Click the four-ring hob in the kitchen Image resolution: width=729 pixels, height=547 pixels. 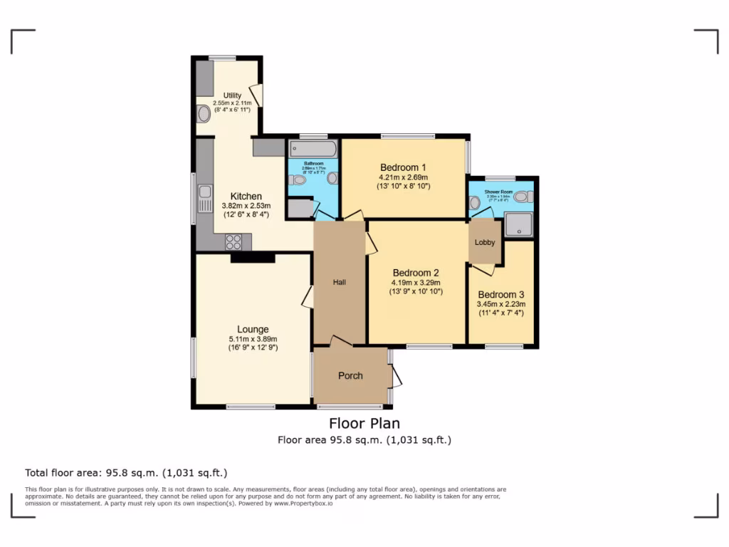[x=234, y=241]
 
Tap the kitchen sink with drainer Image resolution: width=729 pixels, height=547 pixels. [x=204, y=199]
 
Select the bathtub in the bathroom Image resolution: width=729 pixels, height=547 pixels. [x=313, y=149]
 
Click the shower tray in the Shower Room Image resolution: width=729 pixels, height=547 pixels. [x=519, y=225]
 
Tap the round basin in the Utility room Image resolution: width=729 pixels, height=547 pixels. [x=203, y=114]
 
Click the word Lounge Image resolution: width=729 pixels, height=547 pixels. [x=253, y=329]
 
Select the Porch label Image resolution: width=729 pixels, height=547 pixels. [x=350, y=375]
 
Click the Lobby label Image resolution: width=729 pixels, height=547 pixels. [x=485, y=242]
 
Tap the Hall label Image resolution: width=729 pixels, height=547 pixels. [x=340, y=283]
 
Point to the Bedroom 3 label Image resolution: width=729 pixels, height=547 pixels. [x=501, y=295]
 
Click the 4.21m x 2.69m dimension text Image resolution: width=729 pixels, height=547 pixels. [x=404, y=177]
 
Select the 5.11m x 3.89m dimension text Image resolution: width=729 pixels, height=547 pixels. [x=253, y=339]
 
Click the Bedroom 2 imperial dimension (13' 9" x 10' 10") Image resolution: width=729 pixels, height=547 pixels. [x=416, y=291]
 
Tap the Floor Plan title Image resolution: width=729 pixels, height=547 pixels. [x=364, y=424]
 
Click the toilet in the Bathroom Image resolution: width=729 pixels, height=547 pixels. [x=298, y=180]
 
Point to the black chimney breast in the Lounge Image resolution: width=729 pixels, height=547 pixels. [x=253, y=258]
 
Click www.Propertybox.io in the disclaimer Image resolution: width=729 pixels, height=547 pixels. [x=300, y=504]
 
